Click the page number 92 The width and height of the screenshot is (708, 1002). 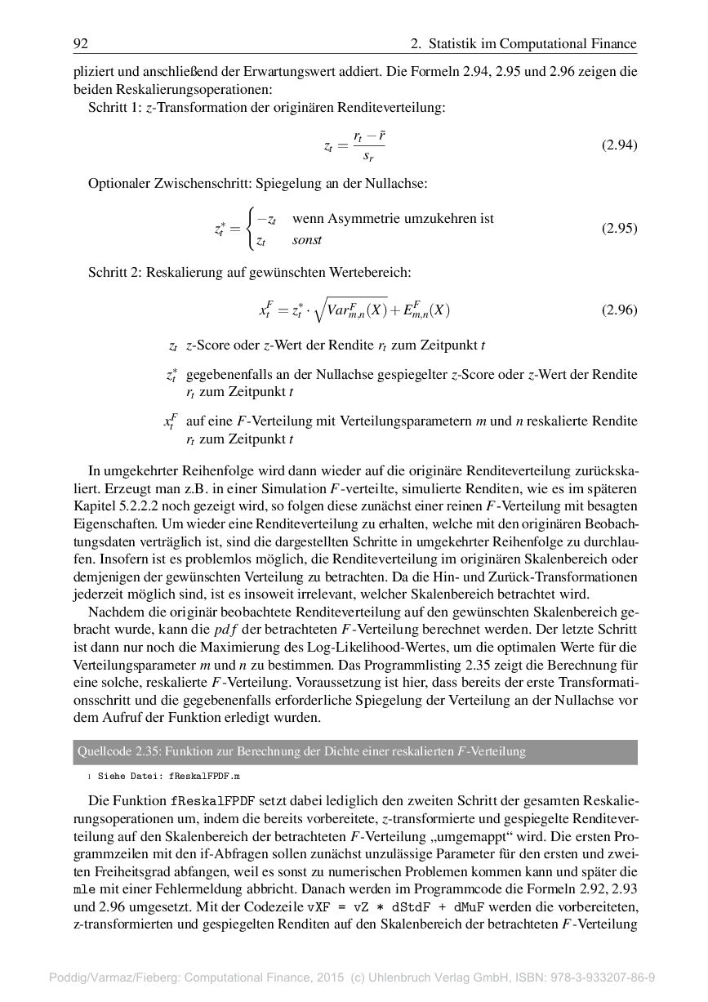click(80, 44)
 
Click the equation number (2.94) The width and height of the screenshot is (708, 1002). click(619, 145)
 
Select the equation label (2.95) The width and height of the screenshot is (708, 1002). click(619, 229)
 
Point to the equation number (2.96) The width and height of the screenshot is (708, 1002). click(619, 310)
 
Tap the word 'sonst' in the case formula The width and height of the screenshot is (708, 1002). click(307, 240)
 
